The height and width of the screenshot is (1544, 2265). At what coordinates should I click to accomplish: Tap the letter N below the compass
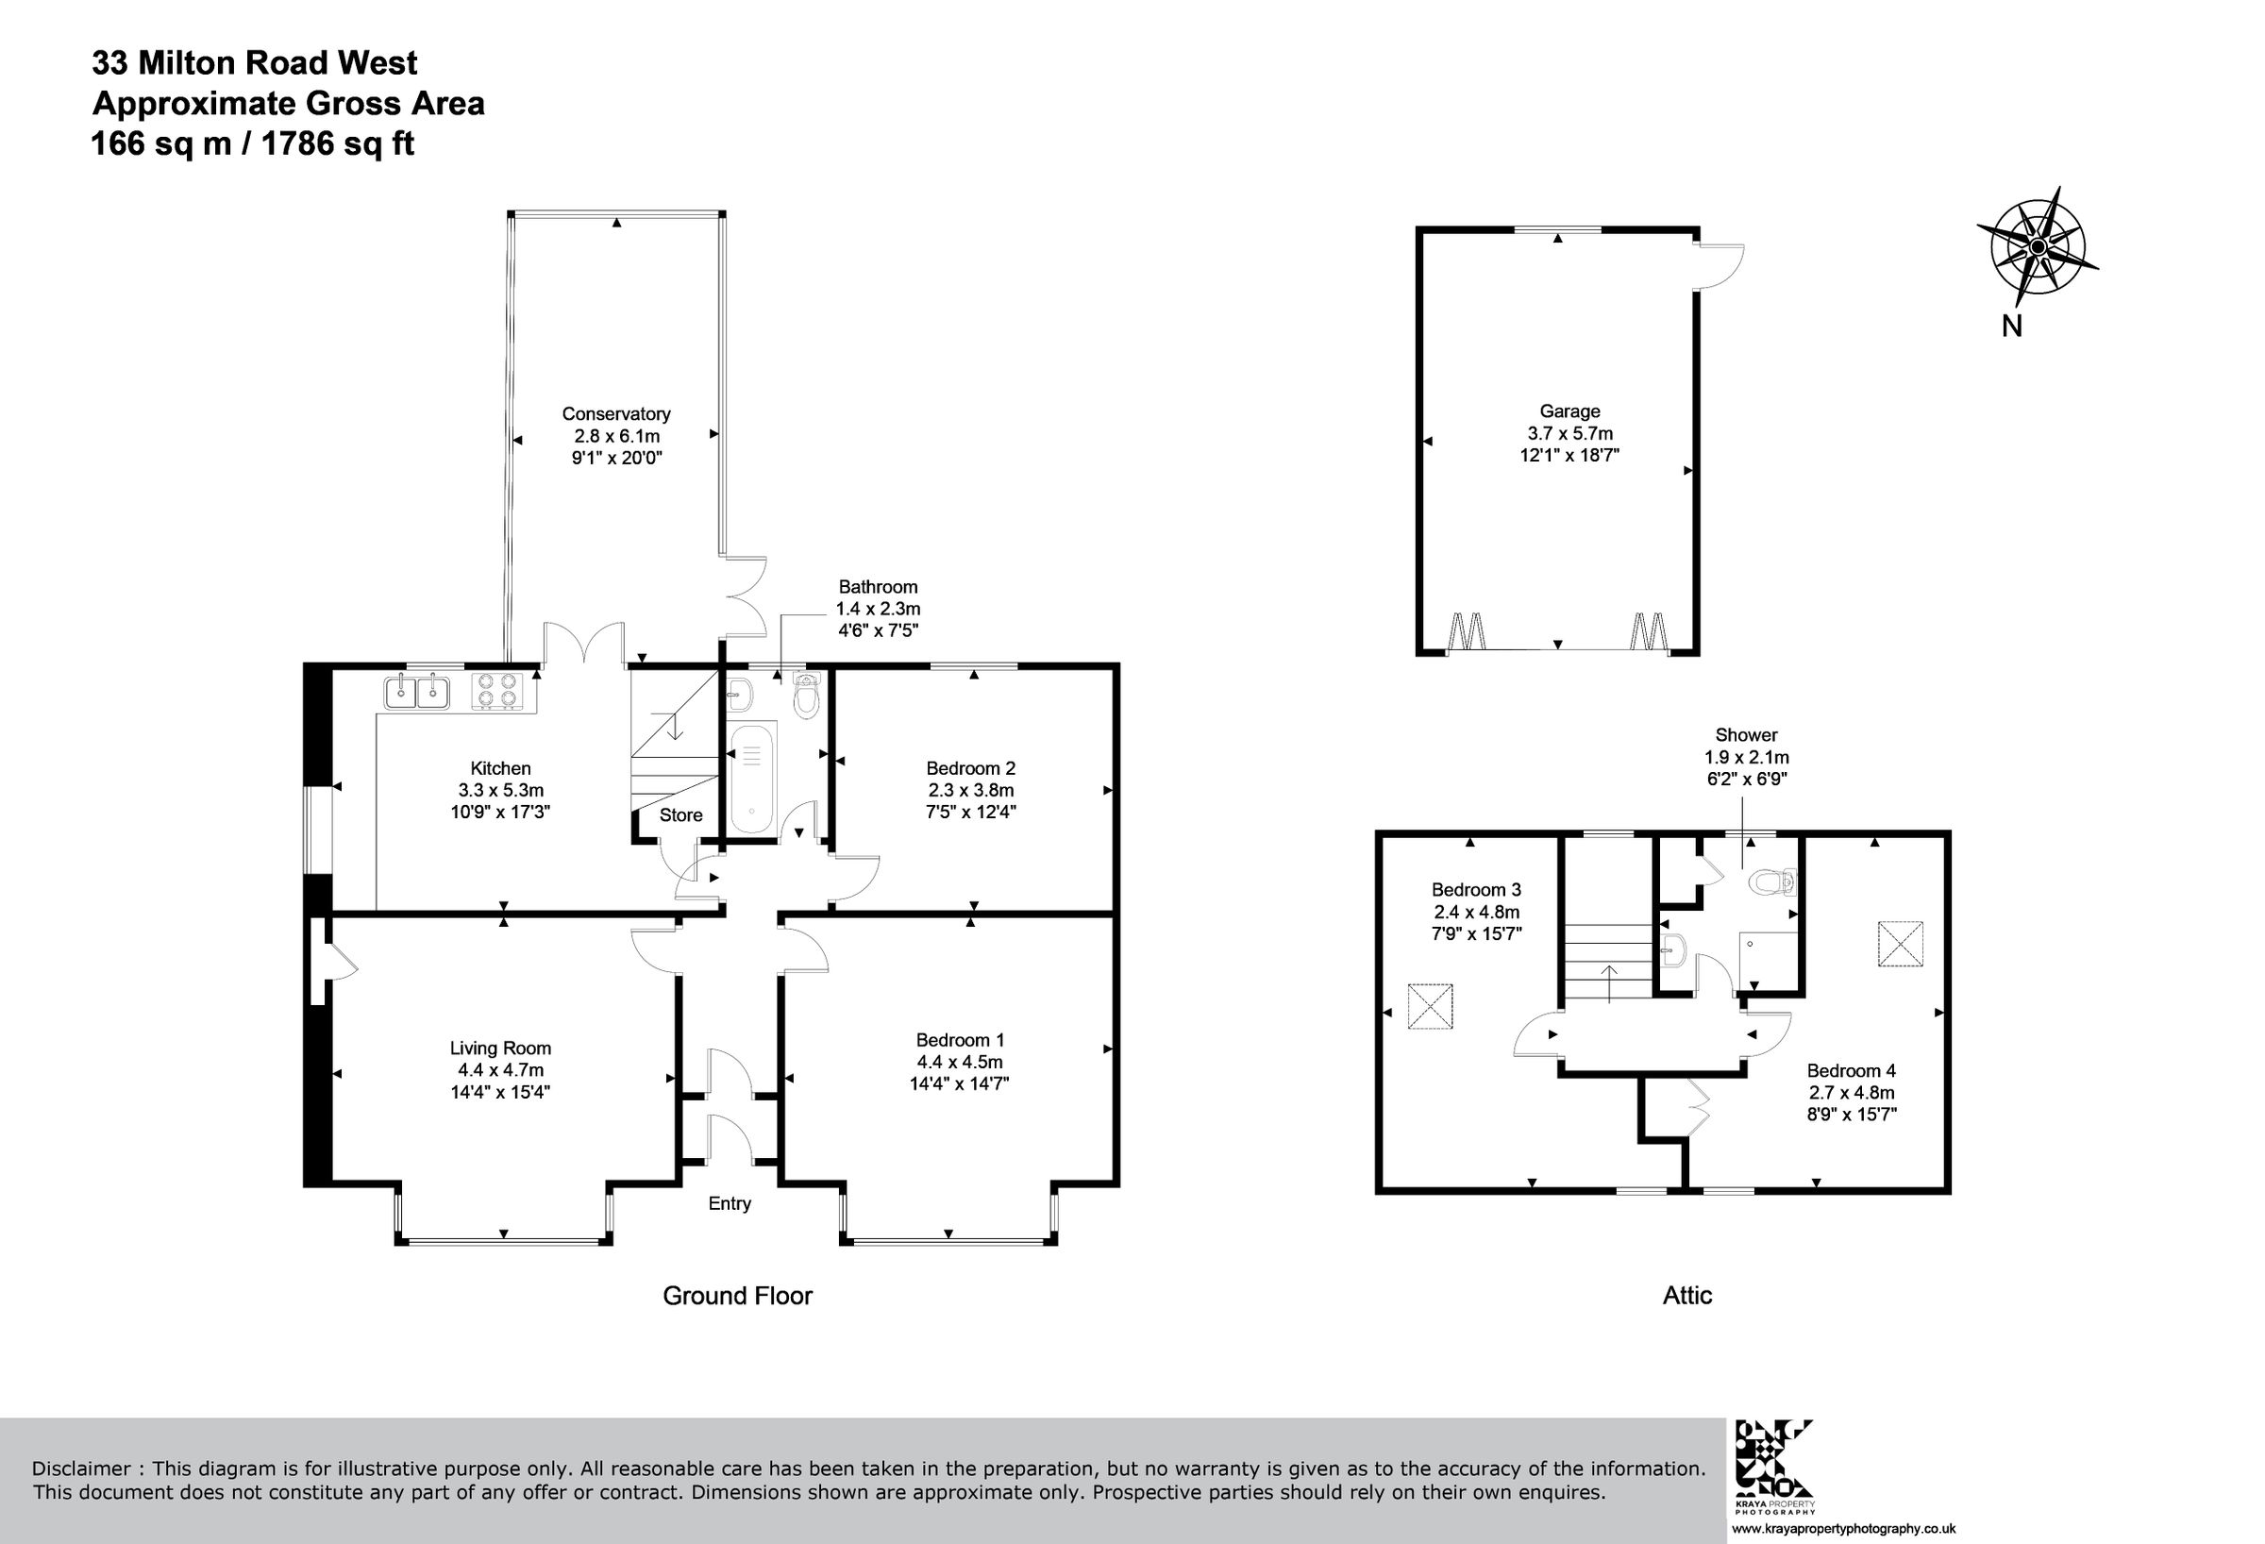2011,327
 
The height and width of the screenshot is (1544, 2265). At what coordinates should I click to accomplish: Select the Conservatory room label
616,414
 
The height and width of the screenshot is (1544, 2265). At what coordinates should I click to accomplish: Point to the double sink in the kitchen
417,692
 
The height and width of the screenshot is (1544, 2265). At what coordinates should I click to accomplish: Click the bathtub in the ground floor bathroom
751,777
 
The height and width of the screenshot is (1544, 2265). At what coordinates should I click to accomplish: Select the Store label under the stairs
680,814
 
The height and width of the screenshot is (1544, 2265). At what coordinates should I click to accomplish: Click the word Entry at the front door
729,1203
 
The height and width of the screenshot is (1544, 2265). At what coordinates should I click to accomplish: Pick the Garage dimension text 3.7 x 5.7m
1569,433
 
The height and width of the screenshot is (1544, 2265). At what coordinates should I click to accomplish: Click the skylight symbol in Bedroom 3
1430,1006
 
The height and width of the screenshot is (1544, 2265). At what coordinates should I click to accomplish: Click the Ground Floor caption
737,1296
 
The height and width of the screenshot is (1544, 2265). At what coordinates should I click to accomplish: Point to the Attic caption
1687,1296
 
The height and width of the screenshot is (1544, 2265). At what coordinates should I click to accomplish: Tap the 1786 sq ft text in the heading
337,144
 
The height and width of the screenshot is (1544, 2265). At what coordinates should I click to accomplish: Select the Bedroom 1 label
959,1040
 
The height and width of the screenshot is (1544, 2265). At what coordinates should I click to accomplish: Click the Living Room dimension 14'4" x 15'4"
500,1092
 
